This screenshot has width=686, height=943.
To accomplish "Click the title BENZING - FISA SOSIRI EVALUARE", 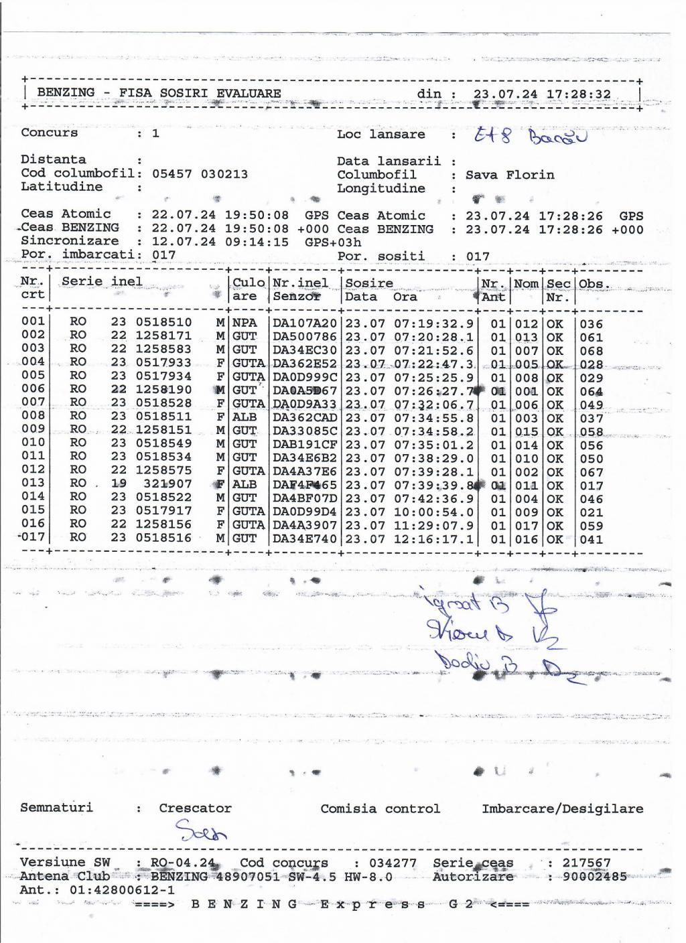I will pyautogui.click(x=159, y=93).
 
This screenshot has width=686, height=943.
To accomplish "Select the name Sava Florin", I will pyautogui.click(x=510, y=175).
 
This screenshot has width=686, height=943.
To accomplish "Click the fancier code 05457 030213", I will pyautogui.click(x=200, y=174).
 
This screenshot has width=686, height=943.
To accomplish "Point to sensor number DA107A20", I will pyautogui.click(x=305, y=323).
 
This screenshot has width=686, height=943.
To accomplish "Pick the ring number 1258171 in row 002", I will pyautogui.click(x=163, y=336).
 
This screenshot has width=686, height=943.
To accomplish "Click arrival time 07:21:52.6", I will pyautogui.click(x=433, y=350).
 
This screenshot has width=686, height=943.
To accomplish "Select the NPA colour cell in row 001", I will pyautogui.click(x=245, y=323).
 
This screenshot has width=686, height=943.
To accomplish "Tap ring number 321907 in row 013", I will pyautogui.click(x=167, y=484).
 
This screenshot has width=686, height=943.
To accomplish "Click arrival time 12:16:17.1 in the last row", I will pyautogui.click(x=433, y=539).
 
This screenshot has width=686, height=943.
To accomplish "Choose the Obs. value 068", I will pyautogui.click(x=592, y=351).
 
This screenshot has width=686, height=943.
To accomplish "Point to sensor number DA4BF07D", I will pyautogui.click(x=305, y=498).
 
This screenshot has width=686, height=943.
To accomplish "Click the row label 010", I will pyautogui.click(x=33, y=443).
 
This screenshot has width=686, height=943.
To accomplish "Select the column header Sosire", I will pyautogui.click(x=369, y=283).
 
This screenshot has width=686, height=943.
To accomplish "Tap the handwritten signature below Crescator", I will pyautogui.click(x=201, y=832).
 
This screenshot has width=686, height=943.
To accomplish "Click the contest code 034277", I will pyautogui.click(x=393, y=863).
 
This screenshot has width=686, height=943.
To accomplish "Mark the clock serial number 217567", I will pyautogui.click(x=586, y=863).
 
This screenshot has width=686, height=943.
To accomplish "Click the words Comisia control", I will pyautogui.click(x=380, y=808).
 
